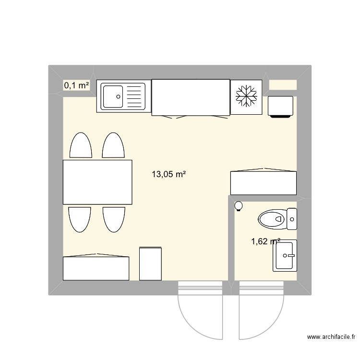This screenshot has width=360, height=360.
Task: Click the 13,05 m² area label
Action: pos(168,175)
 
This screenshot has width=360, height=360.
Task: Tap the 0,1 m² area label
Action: pos(76,85)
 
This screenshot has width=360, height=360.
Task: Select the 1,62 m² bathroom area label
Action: pos(265,242)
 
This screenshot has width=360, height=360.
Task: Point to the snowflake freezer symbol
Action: pos(246,97)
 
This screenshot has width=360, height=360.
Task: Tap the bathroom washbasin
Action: pos(285,255)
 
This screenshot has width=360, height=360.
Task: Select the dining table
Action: pos(97,182)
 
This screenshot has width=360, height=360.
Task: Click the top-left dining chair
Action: pos(81,145)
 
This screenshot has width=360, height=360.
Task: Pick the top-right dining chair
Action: pos(113,145)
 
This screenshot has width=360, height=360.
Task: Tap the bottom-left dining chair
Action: pos(80,219)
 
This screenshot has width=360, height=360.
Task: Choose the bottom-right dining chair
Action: pos(114,219)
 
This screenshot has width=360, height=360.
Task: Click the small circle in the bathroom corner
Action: pos(239,206)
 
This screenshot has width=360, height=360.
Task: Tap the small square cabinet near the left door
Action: pos(150,263)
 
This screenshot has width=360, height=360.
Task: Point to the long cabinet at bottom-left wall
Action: pos(96,268)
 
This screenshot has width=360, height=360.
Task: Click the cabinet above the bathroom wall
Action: pos(263,181)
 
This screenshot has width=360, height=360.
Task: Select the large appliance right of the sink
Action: pos(190,97)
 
